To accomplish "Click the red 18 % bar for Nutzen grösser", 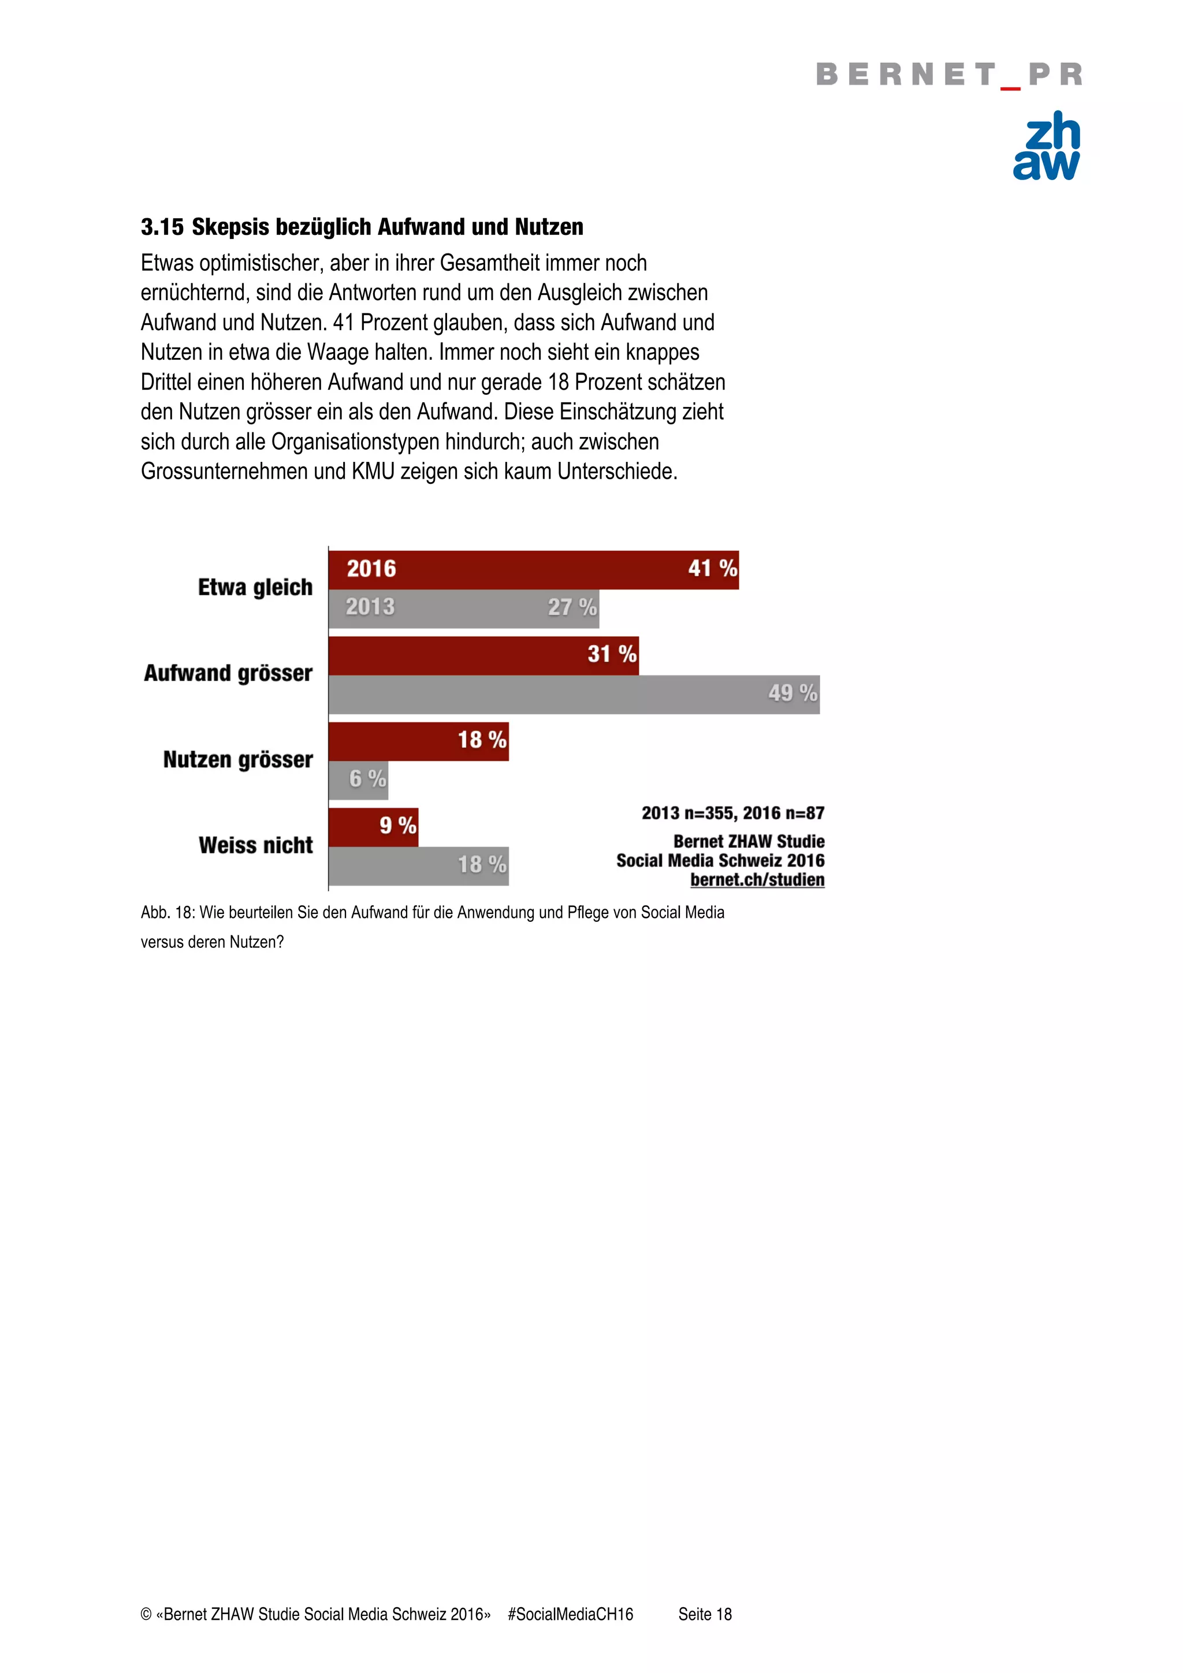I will [418, 742].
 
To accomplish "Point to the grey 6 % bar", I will [358, 780].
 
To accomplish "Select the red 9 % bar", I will [373, 827].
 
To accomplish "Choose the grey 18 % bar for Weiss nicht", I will [418, 865].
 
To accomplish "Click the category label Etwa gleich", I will [255, 587].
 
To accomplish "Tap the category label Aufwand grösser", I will [228, 673].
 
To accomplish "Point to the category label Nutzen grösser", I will [237, 760].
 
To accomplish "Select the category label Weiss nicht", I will [255, 845].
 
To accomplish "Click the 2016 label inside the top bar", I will [371, 569].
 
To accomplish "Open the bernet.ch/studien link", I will [757, 880].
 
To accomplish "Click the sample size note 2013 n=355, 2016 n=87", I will [732, 813].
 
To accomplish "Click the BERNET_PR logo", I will [949, 74].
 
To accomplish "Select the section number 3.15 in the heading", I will [162, 227].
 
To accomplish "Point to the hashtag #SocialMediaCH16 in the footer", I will [570, 1614].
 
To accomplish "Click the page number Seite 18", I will [704, 1614].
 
